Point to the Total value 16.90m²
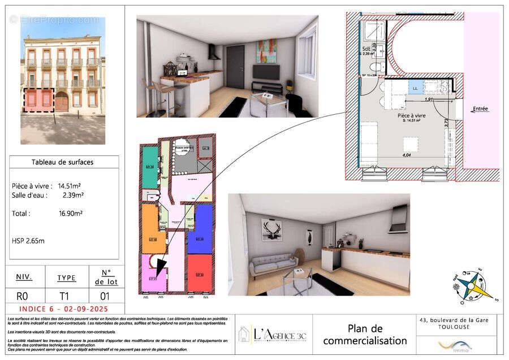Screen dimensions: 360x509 point(71,214)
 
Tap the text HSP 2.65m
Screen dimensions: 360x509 point(28,241)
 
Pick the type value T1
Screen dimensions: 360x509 point(66,296)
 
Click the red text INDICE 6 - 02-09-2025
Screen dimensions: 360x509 point(63,309)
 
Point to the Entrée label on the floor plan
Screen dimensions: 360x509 point(480,109)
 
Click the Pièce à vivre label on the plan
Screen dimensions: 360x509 point(411,115)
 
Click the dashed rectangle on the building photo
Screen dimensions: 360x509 point(38,101)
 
